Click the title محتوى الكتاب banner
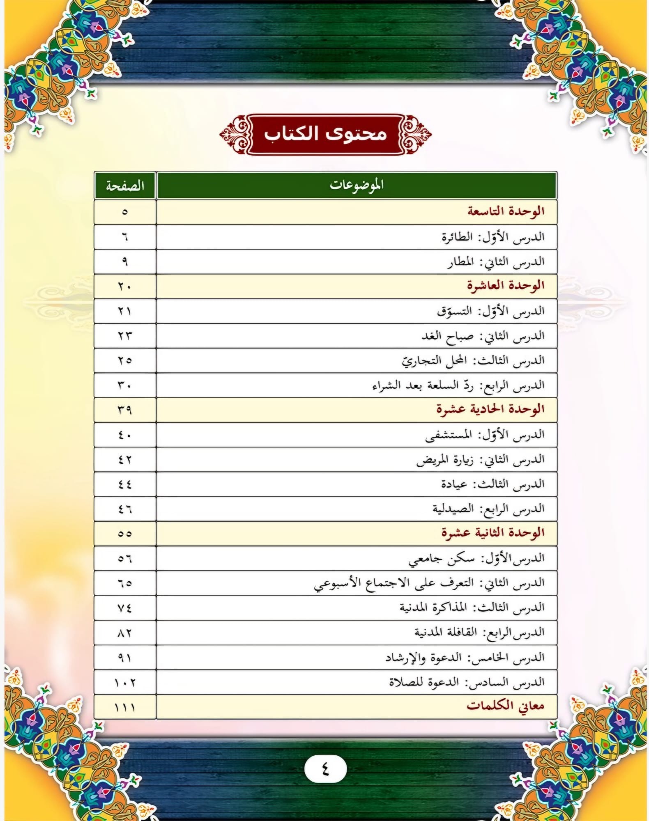coord(325,134)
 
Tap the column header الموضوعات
coord(357,186)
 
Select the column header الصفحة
coord(125,186)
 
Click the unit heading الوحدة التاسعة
coord(506,212)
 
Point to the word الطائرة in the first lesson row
coord(457,237)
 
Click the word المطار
coord(460,262)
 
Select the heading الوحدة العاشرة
coord(506,286)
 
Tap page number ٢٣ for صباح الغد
coord(125,336)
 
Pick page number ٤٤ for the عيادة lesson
coord(125,485)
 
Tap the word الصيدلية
coord(453,509)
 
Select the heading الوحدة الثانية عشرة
coord(493,533)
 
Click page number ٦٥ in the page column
coord(125,583)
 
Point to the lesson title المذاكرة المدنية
coord(433,608)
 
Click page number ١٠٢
coord(125,682)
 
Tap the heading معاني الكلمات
coord(505,706)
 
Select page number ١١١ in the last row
coord(125,707)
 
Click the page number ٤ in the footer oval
coord(325,769)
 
